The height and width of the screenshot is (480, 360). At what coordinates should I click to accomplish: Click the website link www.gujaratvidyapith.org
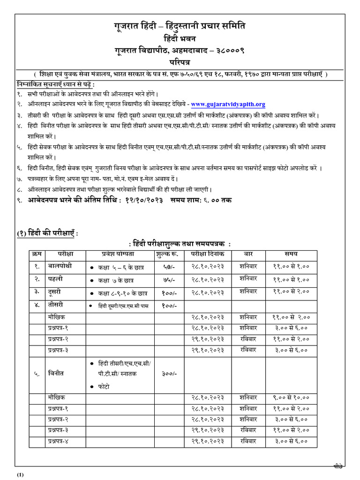tap(228, 105)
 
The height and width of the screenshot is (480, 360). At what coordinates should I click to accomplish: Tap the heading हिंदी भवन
tap(180, 38)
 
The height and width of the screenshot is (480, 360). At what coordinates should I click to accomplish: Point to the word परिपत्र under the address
tap(180, 61)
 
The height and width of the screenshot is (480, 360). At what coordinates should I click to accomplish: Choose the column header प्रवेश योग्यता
tap(118, 254)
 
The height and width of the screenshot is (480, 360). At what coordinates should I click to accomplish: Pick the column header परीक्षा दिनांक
tap(207, 254)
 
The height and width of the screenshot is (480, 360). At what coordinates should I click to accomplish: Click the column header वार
tap(248, 254)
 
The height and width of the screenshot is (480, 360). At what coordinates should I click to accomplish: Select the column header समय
tap(291, 254)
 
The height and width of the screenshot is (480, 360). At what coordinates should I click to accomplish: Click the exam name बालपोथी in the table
tap(60, 266)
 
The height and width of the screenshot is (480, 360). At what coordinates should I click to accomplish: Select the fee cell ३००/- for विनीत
tap(169, 375)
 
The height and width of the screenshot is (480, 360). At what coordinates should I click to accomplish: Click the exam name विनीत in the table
tap(56, 374)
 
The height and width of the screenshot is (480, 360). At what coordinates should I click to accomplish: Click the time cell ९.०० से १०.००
tap(291, 397)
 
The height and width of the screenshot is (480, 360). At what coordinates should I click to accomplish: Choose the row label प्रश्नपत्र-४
tap(61, 441)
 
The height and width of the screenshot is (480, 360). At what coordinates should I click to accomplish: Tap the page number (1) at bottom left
tap(20, 475)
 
